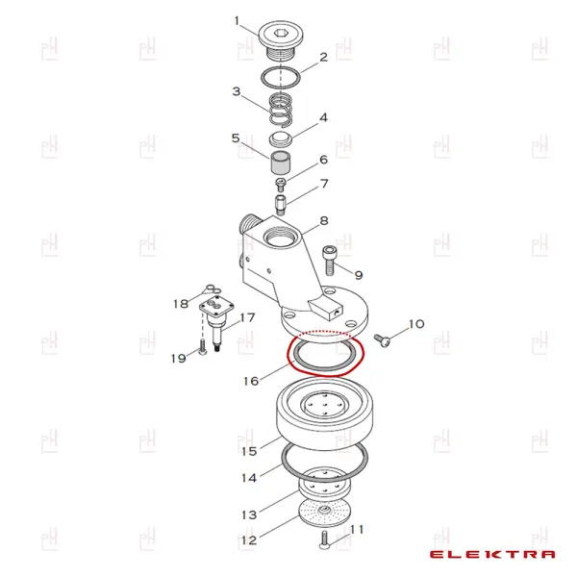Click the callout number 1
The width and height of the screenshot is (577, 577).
point(238,20)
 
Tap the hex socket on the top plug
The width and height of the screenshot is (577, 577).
point(281,33)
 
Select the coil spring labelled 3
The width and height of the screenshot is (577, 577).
point(281,110)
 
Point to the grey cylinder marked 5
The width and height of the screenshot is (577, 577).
point(281,163)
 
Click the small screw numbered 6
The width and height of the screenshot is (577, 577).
point(282,184)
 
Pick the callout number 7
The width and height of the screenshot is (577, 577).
point(324,184)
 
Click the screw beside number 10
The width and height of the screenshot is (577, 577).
point(383,339)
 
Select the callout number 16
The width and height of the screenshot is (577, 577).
point(251,381)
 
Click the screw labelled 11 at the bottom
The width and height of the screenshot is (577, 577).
point(324,540)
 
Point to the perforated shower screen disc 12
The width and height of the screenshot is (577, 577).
point(323,512)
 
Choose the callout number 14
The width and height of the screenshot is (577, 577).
point(249,478)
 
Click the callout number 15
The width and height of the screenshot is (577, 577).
point(249,451)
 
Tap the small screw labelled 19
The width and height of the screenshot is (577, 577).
point(202,347)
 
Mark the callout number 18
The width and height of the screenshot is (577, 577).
point(181,304)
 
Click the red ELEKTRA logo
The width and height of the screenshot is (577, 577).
point(492,554)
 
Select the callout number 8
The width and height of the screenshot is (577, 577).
point(324,221)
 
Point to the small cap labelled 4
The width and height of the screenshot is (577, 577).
point(281,139)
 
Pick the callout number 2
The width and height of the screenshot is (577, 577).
point(324,57)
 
